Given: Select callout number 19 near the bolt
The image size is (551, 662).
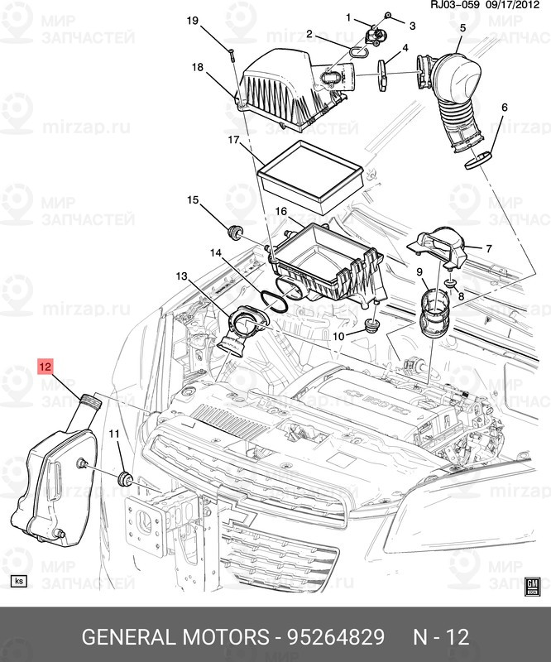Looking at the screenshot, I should tap(192, 21).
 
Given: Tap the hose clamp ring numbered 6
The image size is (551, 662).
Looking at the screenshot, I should tap(477, 158).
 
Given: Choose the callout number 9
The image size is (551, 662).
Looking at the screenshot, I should tap(419, 272).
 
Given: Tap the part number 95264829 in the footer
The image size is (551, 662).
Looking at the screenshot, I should tap(336, 637).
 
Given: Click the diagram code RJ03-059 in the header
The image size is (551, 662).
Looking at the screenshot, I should tap(455, 7).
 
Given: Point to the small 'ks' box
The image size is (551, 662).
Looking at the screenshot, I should tap(18, 581).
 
